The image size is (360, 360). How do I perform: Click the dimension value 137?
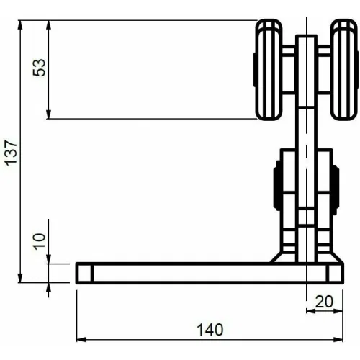(x=12, y=153)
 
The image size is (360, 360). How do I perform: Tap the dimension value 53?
(x=39, y=68)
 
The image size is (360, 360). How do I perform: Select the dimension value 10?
(x=40, y=241)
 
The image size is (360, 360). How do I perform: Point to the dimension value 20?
(x=324, y=302)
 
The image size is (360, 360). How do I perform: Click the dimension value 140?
(x=210, y=330)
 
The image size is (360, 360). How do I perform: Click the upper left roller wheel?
(x=269, y=70)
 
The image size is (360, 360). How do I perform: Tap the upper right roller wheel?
(x=344, y=70)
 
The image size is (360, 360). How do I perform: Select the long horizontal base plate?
(x=210, y=273)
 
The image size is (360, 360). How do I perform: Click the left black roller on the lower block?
(x=277, y=186)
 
